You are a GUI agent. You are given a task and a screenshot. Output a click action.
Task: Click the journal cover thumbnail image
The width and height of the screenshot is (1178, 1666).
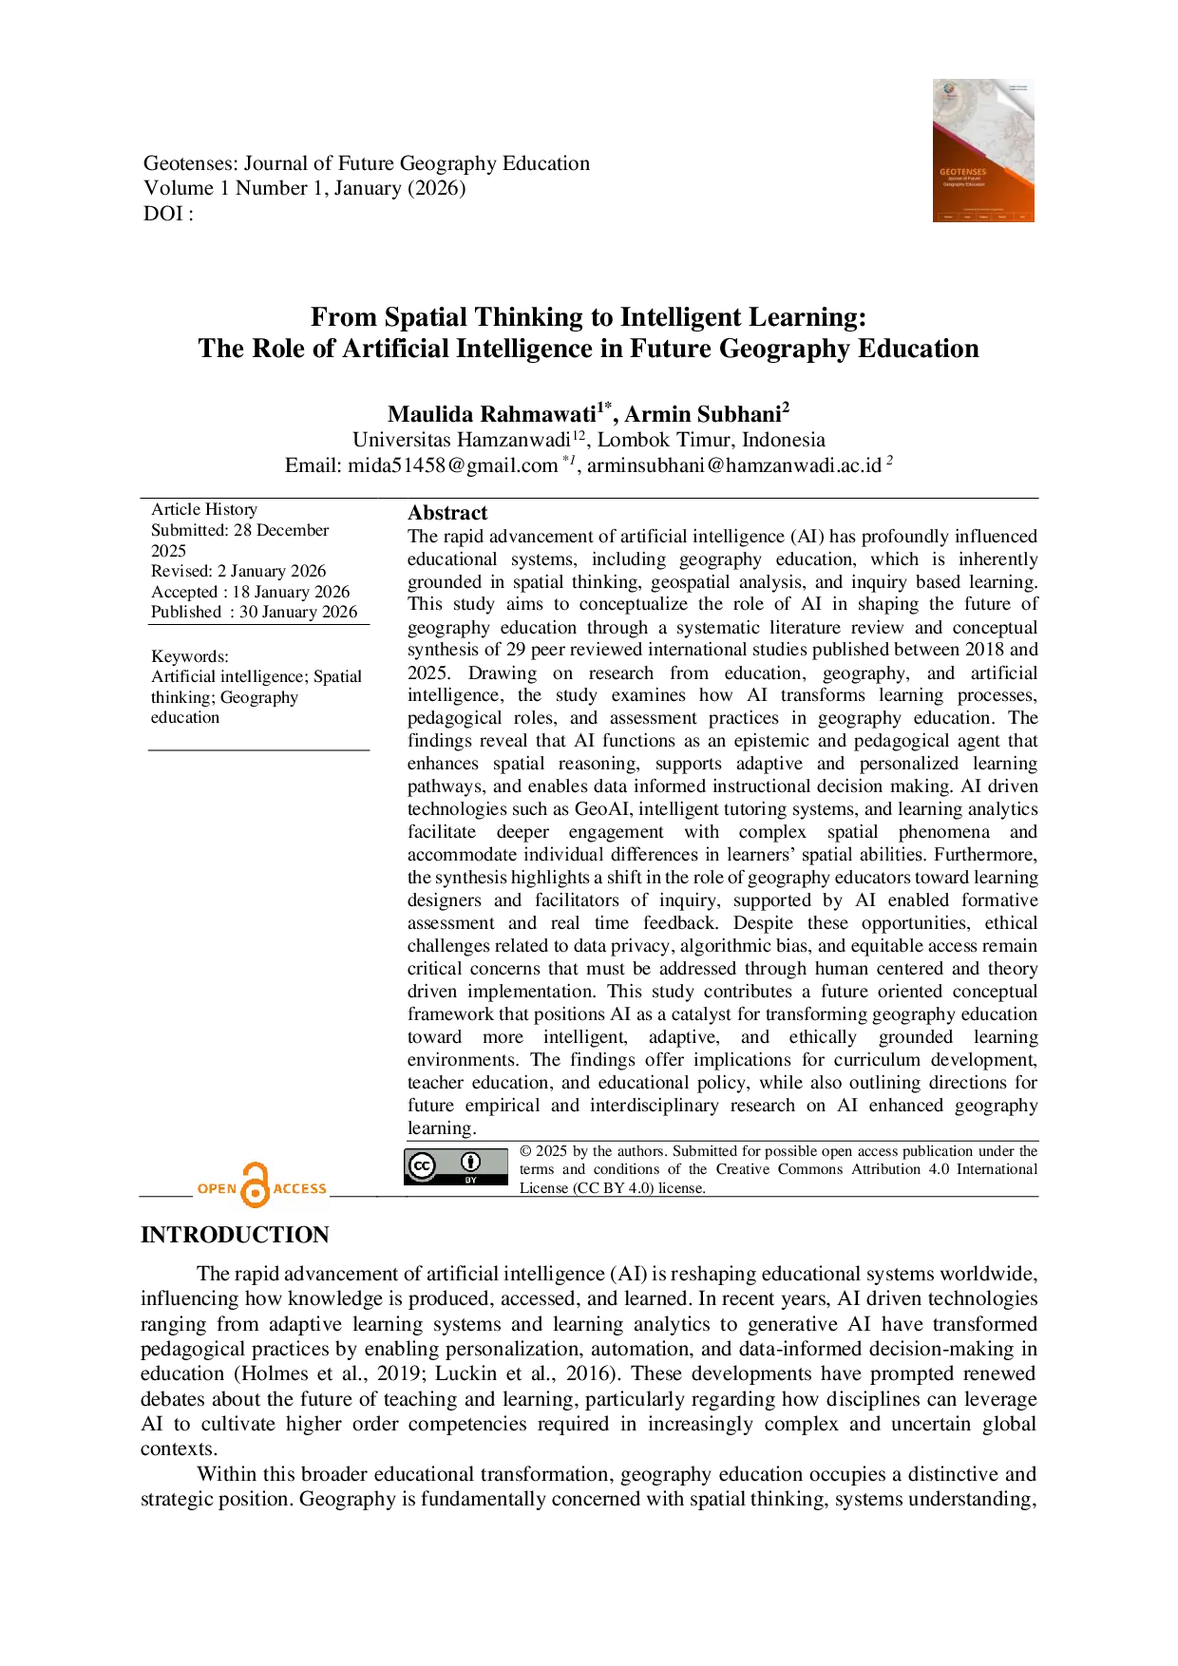[983, 150]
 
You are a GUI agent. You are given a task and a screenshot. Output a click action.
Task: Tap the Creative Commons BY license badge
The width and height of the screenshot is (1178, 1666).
[456, 1166]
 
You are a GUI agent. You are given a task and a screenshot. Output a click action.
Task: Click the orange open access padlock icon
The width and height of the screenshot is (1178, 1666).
[256, 1185]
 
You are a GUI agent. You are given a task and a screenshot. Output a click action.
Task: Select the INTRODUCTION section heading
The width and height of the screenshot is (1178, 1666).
[235, 1235]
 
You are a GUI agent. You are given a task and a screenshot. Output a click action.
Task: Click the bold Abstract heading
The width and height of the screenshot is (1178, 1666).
[447, 513]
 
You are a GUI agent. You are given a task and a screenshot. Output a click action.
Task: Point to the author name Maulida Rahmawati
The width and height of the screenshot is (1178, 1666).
[491, 414]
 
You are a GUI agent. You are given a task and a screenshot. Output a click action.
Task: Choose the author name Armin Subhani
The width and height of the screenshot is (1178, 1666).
[703, 414]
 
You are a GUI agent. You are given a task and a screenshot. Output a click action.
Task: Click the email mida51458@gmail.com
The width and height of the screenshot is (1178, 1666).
[452, 465]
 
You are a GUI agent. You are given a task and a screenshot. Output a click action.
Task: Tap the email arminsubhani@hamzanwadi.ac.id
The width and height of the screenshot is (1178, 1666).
[734, 465]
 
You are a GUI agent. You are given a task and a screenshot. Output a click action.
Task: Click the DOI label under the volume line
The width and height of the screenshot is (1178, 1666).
[168, 214]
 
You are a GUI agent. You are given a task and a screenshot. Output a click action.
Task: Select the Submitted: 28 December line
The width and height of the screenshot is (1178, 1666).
[239, 530]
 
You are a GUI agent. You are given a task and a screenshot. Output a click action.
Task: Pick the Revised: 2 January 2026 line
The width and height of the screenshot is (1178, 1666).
[238, 571]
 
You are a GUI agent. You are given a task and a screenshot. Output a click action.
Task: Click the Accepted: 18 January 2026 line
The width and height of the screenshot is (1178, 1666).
[251, 592]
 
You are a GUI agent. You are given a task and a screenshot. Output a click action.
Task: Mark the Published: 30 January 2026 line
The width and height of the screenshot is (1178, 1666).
[255, 612]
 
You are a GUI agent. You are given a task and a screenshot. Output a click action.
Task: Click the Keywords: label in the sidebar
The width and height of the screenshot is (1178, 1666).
[190, 656]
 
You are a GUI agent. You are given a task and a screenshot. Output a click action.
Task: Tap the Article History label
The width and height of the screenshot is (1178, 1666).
[204, 509]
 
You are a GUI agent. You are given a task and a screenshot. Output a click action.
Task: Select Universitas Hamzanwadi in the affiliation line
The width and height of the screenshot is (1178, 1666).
[461, 440]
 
